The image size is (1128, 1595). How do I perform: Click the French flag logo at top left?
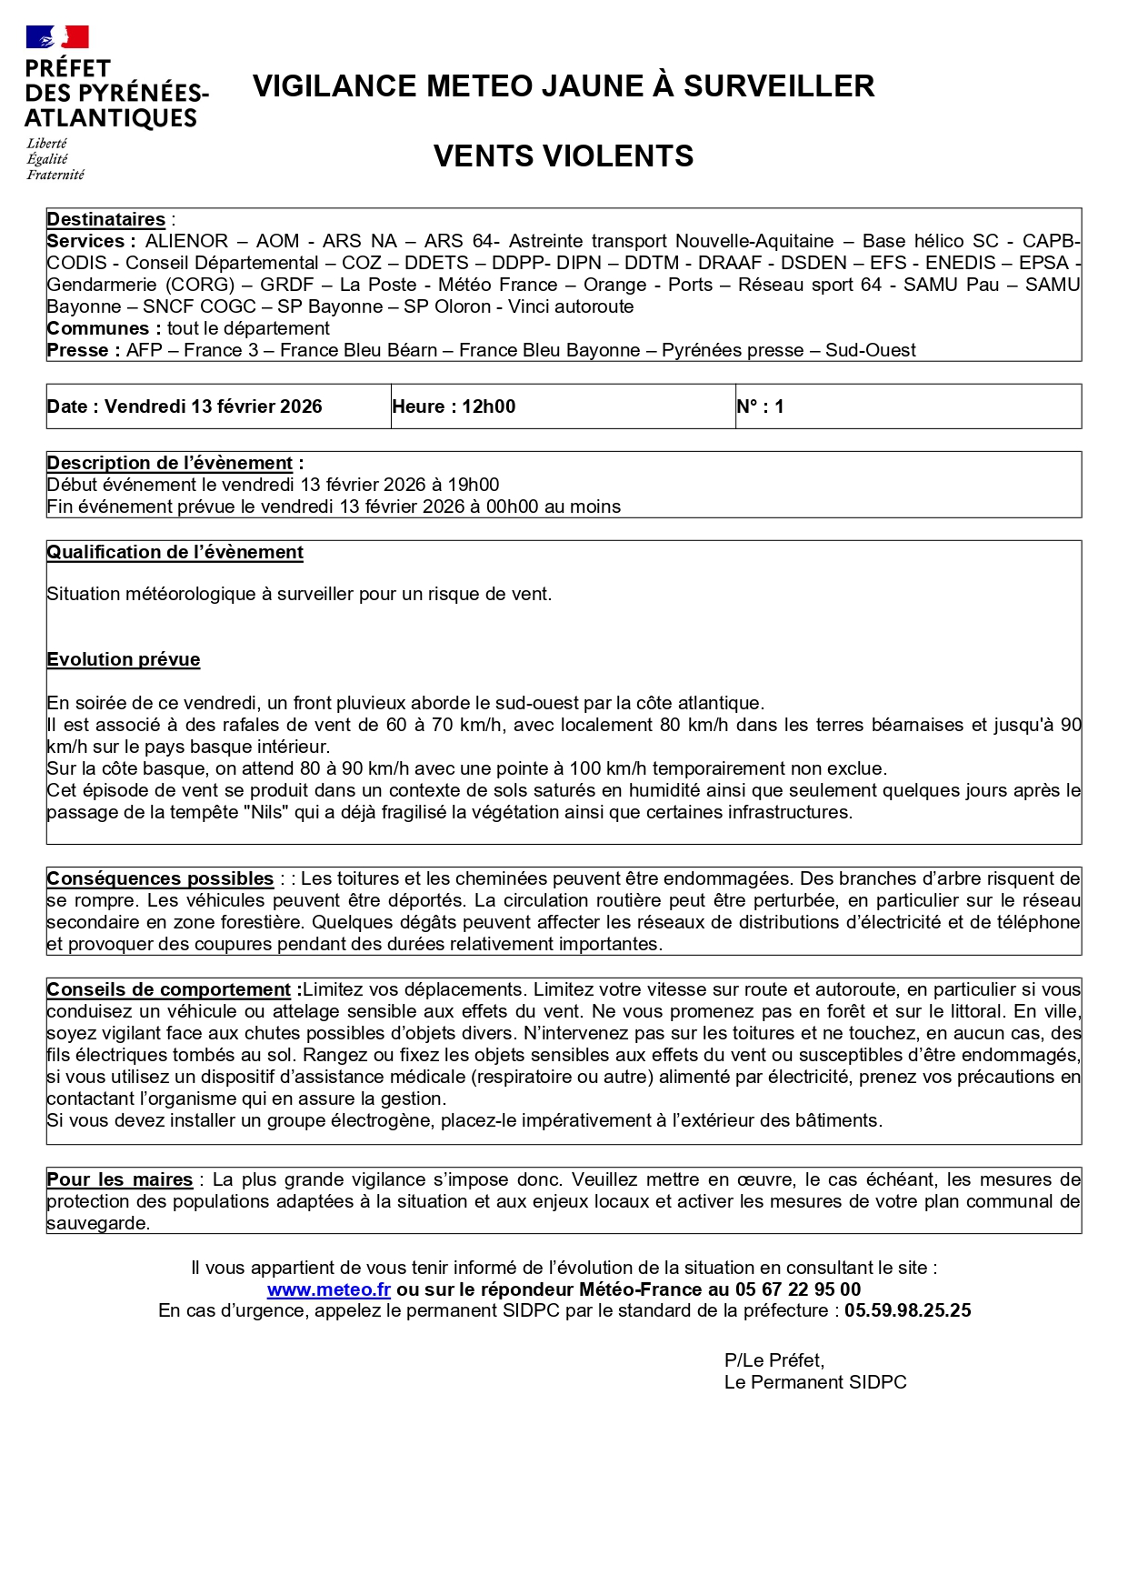click(57, 36)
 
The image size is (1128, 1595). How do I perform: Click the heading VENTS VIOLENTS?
click(563, 156)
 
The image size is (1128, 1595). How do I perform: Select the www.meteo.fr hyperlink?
click(328, 1289)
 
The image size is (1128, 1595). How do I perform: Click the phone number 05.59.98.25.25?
click(907, 1311)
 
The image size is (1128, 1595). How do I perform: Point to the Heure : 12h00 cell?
click(454, 406)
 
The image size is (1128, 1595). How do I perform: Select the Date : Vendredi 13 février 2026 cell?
click(185, 406)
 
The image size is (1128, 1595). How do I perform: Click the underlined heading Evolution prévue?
click(123, 659)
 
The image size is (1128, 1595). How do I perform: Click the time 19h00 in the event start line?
click(473, 485)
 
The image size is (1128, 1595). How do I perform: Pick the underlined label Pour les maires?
click(119, 1179)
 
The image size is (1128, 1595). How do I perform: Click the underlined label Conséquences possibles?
click(160, 878)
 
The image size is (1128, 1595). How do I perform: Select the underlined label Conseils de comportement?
click(169, 989)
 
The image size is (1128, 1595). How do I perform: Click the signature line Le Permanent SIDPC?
click(814, 1382)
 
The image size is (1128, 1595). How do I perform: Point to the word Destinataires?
click(105, 219)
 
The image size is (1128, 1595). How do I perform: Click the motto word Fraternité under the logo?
click(55, 175)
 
